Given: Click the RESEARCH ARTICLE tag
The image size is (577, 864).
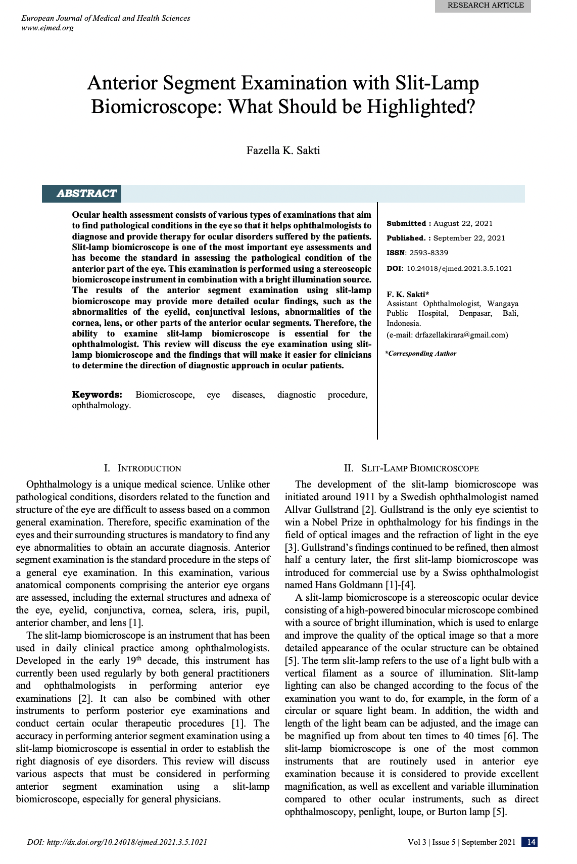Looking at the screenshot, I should coord(483,6).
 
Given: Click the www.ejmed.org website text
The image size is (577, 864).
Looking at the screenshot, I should coord(47,28).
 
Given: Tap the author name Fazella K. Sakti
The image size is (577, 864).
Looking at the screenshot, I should coord(283,151).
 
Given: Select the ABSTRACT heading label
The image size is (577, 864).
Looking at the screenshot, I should coord(86,194).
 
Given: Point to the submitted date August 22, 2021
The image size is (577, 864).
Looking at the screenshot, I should coord(463,223).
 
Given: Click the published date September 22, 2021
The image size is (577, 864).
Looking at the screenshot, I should coord(469,238).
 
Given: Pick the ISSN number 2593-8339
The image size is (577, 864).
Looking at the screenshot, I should coord(428,253).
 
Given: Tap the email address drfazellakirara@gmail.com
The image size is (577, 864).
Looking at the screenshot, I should coord(461,335).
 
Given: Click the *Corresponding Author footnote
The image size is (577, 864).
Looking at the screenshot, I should coord(421,354).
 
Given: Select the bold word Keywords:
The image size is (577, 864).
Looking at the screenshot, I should coord(97,395).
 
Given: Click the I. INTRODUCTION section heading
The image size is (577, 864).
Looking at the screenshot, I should coord(142,468).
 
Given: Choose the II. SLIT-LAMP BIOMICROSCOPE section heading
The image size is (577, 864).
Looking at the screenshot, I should coord(411,468).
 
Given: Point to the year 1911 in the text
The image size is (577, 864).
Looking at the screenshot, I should coord(364,497).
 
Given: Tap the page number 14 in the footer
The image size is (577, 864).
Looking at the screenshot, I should coord(531,842).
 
